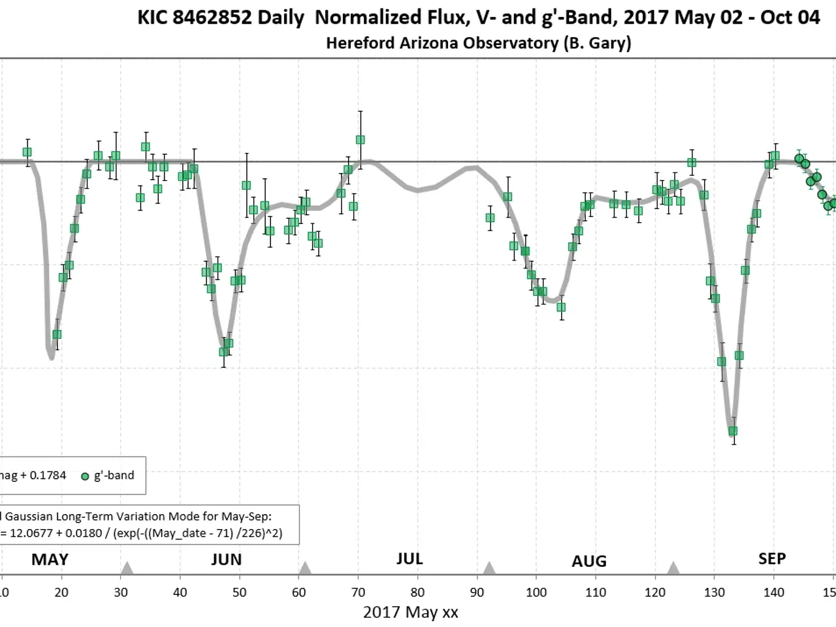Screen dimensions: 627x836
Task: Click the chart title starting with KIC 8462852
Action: point(478,18)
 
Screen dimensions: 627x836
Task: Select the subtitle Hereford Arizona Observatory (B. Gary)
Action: point(478,43)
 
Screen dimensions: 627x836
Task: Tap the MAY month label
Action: point(50,560)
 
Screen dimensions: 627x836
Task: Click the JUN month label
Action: point(227,560)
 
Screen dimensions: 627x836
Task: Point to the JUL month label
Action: point(410,559)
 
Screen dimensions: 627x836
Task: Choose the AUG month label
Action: point(589,561)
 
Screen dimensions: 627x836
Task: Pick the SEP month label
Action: point(772,559)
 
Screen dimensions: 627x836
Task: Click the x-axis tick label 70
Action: point(358,592)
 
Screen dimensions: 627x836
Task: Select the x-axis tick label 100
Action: point(536,592)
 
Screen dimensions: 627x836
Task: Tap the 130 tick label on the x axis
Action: point(715,592)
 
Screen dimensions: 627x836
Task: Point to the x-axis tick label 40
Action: point(180,592)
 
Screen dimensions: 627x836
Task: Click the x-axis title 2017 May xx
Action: point(410,613)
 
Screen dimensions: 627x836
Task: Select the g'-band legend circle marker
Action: point(85,476)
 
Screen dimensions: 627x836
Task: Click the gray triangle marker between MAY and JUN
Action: point(127,568)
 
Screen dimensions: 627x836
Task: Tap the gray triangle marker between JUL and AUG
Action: point(489,568)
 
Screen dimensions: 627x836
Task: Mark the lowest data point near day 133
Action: point(733,431)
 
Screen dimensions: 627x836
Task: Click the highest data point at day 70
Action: point(360,140)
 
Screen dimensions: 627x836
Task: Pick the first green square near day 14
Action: point(27,152)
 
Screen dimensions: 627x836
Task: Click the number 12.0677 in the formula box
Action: point(30,533)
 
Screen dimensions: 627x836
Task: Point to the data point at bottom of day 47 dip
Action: point(223,352)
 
